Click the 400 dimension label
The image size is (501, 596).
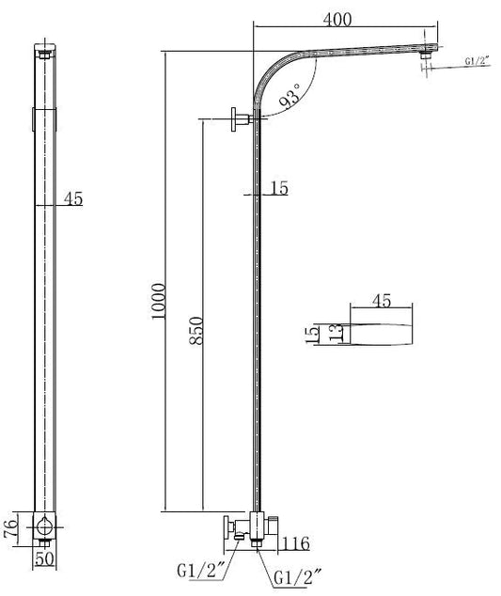pyautogui.click(x=337, y=20)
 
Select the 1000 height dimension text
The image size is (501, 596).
pyautogui.click(x=159, y=302)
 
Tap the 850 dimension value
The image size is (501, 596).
pyautogui.click(x=196, y=330)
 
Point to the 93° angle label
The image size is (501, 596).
pyautogui.click(x=290, y=95)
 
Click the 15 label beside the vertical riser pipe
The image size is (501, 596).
pyautogui.click(x=279, y=188)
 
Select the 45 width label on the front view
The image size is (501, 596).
pyautogui.click(x=73, y=198)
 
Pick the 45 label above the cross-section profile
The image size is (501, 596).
pyautogui.click(x=382, y=301)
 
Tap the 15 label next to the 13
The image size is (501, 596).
pyautogui.click(x=312, y=334)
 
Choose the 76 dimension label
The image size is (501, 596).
pyautogui.click(x=10, y=527)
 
